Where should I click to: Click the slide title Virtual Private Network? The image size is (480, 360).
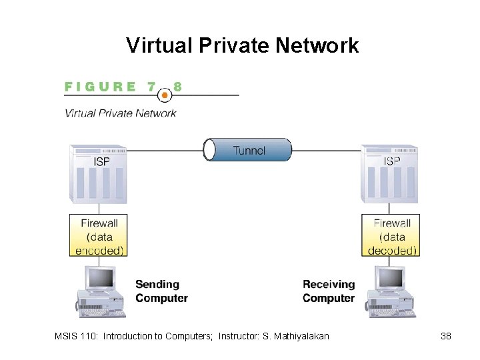click(x=242, y=45)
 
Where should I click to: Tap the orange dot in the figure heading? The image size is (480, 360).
click(x=165, y=94)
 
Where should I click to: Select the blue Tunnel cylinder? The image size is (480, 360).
click(x=248, y=150)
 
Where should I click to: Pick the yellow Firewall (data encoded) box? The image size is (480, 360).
click(x=99, y=236)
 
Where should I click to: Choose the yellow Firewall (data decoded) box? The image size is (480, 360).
click(x=391, y=236)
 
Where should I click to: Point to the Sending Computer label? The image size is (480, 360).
click(x=161, y=291)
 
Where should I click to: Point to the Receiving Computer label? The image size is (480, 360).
click(x=328, y=291)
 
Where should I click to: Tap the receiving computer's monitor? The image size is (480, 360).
click(x=391, y=278)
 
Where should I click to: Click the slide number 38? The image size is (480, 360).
click(x=446, y=336)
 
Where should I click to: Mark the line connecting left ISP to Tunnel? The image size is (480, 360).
click(x=165, y=150)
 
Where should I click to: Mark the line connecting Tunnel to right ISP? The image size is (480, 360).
click(x=327, y=150)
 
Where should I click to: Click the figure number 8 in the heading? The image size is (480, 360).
click(x=177, y=87)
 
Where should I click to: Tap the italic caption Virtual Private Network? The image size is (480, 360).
click(x=120, y=113)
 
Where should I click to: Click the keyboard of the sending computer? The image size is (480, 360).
click(x=101, y=311)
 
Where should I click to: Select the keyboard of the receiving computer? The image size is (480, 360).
click(x=391, y=311)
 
